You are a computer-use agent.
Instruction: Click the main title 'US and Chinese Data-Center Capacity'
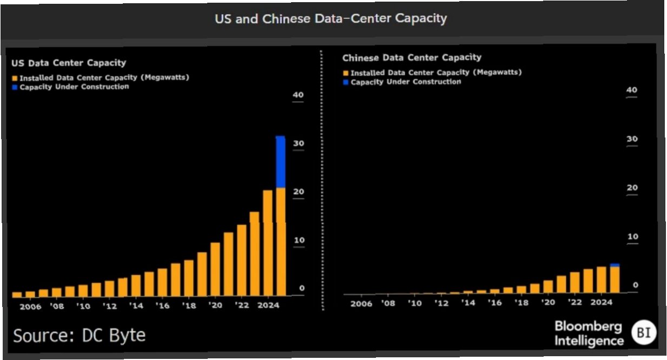pos(331,18)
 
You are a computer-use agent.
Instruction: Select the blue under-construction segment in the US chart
pos(281,162)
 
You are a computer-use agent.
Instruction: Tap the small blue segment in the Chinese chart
pos(615,265)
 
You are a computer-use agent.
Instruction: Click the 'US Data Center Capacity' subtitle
pos(69,63)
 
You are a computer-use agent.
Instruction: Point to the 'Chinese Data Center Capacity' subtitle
pos(412,57)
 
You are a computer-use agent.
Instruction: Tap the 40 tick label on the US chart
pos(298,95)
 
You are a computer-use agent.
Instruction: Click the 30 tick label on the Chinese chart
pos(632,139)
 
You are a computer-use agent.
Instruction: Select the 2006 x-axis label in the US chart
pos(30,306)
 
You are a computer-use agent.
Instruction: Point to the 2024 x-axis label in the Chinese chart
pos(602,303)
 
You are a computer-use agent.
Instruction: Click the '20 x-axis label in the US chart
pos(215,306)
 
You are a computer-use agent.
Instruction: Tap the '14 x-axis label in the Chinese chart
pos(468,303)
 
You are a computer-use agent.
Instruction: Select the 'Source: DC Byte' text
pos(79,336)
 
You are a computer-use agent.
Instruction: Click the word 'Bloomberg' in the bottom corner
pos(588,328)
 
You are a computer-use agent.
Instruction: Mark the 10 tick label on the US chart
pos(298,240)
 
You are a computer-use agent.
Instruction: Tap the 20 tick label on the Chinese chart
pos(632,188)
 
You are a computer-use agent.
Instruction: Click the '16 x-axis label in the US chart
pos(162,306)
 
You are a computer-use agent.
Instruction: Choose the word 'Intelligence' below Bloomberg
pos(589,342)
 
